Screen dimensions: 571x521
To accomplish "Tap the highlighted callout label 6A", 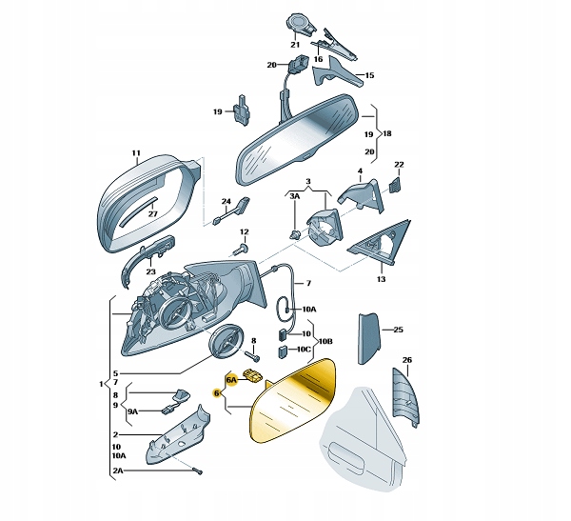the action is coord(231,380).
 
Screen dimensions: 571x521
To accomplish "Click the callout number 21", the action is coord(295,45).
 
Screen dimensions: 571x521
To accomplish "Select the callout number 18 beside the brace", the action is coord(387,133).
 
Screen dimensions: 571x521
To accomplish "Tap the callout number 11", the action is coord(136,152).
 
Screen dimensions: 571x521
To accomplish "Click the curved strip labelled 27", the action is coord(138,212).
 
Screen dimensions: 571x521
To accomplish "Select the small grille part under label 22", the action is coord(395,185).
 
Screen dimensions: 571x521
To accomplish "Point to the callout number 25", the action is coord(399,330).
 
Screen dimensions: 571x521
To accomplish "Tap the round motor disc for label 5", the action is coord(226,342).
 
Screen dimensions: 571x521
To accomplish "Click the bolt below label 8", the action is coord(254,354).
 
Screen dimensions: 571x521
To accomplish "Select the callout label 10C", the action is coord(304,350).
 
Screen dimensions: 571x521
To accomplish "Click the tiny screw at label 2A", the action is coord(199,471).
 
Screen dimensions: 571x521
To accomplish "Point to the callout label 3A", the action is coord(295,196).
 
